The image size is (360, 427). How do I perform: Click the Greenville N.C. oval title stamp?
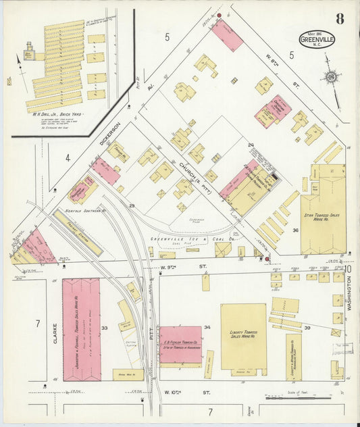pyautogui.click(x=317, y=39)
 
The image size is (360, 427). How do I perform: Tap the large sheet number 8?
pyautogui.click(x=340, y=18)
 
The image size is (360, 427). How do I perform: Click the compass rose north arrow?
pyautogui.click(x=331, y=78)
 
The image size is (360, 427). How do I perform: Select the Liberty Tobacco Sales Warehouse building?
pyautogui.click(x=243, y=336)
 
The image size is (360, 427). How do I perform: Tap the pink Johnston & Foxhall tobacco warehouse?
pyautogui.click(x=81, y=329)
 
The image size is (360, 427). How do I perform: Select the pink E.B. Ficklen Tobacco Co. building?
pyautogui.click(x=180, y=345)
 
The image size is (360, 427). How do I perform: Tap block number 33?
pyautogui.click(x=105, y=328)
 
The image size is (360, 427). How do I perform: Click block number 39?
pyautogui.click(x=307, y=328)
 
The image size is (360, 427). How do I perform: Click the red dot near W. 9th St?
pyautogui.click(x=267, y=258)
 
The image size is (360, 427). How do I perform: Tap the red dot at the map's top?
pyautogui.click(x=219, y=15)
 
